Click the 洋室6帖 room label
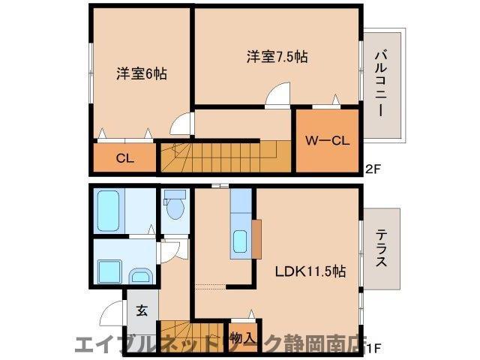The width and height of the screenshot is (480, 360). (x=141, y=74)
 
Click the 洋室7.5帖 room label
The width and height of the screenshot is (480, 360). (x=277, y=56)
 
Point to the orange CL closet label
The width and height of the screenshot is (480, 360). (x=124, y=158)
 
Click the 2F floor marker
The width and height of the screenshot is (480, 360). (x=373, y=169)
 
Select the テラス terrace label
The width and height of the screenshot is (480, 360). (x=380, y=249)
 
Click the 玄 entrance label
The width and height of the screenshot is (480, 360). (x=142, y=309)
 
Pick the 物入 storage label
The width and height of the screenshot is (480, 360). (x=241, y=337)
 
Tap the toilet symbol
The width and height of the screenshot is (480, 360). (x=175, y=205)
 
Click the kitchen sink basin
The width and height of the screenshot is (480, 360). (x=240, y=242)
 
